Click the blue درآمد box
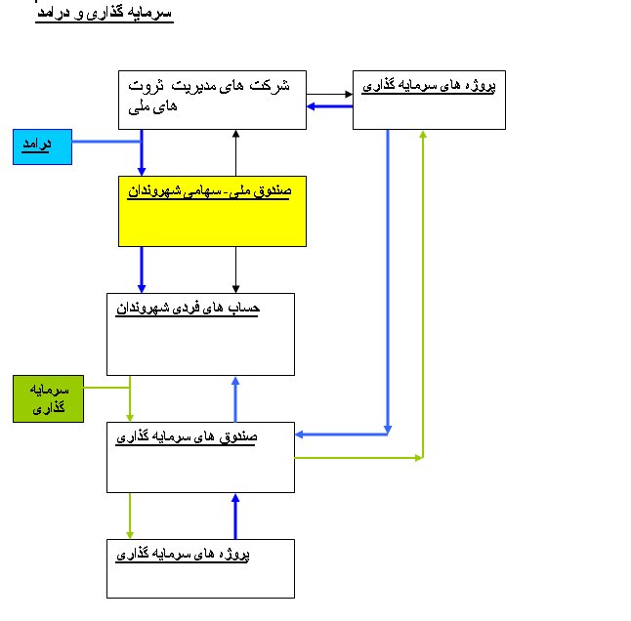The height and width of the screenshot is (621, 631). tap(42, 146)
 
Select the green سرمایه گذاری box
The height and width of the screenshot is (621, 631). tap(48, 398)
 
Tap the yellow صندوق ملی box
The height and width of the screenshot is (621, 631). tap(212, 211)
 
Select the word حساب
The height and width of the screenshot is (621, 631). tap(244, 309)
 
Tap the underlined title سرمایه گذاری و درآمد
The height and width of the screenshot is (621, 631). tap(105, 13)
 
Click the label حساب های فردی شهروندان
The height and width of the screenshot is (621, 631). tap(188, 309)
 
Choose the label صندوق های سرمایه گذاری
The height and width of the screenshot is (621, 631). tap(187, 436)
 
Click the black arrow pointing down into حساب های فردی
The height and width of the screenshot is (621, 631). tap(235, 269)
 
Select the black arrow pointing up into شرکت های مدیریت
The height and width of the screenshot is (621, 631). tap(235, 152)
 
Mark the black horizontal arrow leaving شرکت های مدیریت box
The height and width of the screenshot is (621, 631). tap(329, 94)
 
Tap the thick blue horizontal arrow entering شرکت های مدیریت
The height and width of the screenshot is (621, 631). tap(329, 106)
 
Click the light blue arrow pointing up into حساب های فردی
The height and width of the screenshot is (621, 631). tap(235, 399)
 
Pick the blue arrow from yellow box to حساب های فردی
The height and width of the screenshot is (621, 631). tap(142, 269)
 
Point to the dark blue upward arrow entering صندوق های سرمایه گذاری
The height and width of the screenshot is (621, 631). tap(235, 517)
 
